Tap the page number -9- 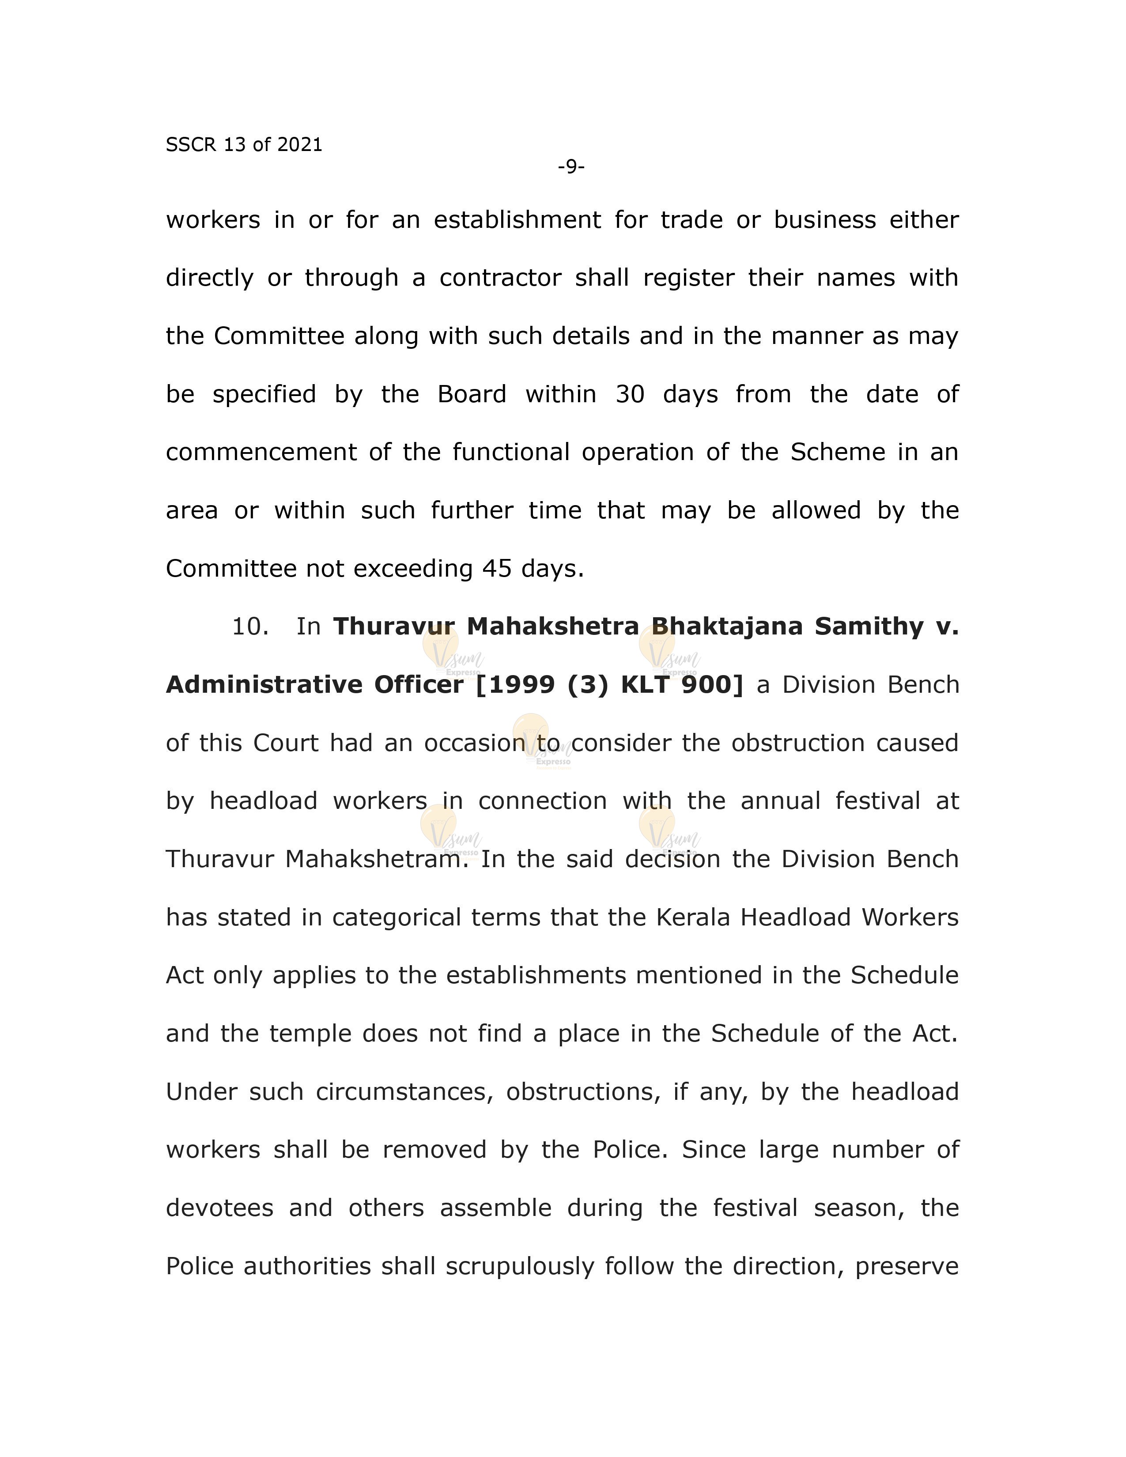(x=571, y=166)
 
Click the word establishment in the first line (x=517, y=220)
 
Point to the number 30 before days (x=630, y=394)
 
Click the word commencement (x=261, y=452)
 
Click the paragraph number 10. (x=249, y=627)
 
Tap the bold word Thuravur (x=393, y=627)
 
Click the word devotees (x=219, y=1208)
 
